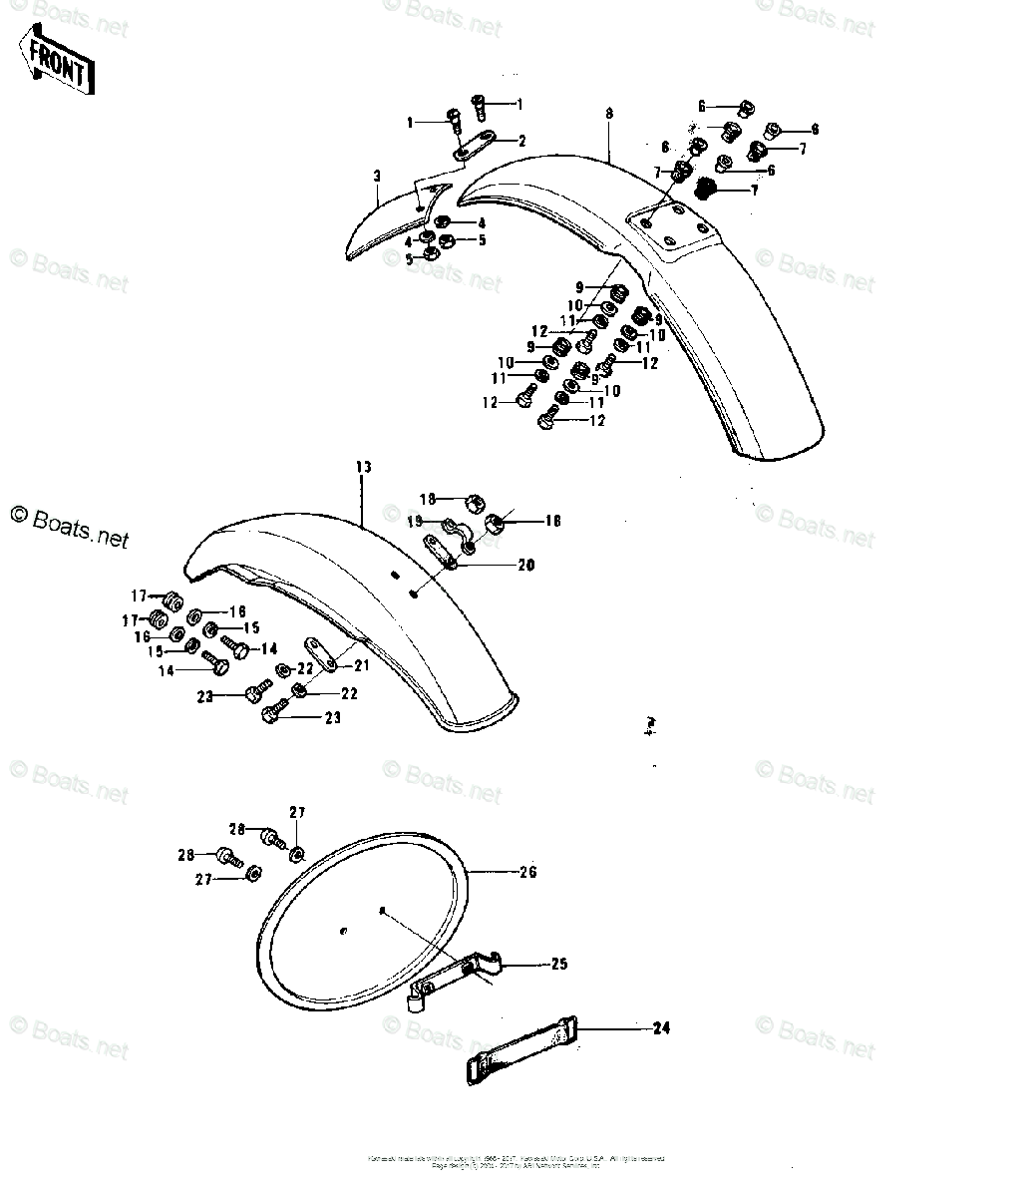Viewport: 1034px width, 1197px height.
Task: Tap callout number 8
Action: pyautogui.click(x=608, y=114)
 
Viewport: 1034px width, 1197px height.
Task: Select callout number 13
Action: pyautogui.click(x=362, y=468)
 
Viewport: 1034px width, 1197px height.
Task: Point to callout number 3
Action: pyautogui.click(x=377, y=177)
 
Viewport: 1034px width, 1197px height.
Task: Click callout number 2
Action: pyautogui.click(x=520, y=141)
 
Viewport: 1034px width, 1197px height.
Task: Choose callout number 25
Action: pyautogui.click(x=558, y=965)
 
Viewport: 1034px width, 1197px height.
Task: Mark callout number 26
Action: pyautogui.click(x=527, y=872)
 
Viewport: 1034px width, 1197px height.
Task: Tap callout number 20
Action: pyautogui.click(x=524, y=566)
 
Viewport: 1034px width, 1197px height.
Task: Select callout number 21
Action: pyautogui.click(x=361, y=666)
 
